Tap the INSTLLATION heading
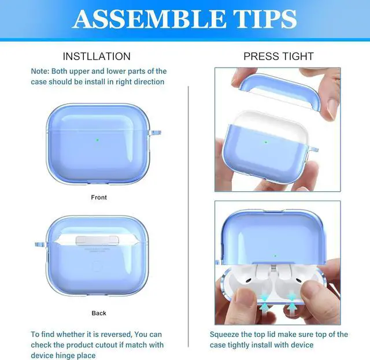(97, 56)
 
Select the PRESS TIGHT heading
(278, 56)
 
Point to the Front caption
(99, 198)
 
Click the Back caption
(99, 313)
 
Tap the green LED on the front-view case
(98, 139)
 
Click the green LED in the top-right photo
(266, 142)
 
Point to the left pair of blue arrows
(264, 303)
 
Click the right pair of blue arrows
(292, 302)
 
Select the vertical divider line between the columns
(189, 202)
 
